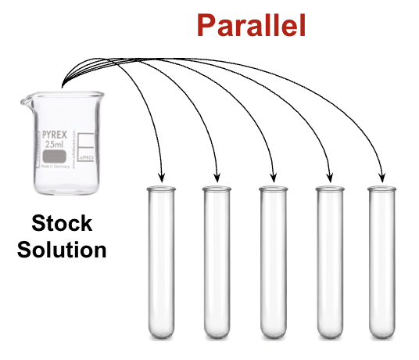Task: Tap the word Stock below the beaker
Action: [62, 225]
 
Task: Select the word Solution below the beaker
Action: [62, 250]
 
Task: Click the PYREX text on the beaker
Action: [55, 135]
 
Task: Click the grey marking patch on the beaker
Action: [55, 158]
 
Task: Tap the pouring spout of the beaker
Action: [23, 99]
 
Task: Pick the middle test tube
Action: [274, 262]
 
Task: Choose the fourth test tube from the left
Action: [330, 262]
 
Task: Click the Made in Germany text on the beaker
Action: [54, 171]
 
